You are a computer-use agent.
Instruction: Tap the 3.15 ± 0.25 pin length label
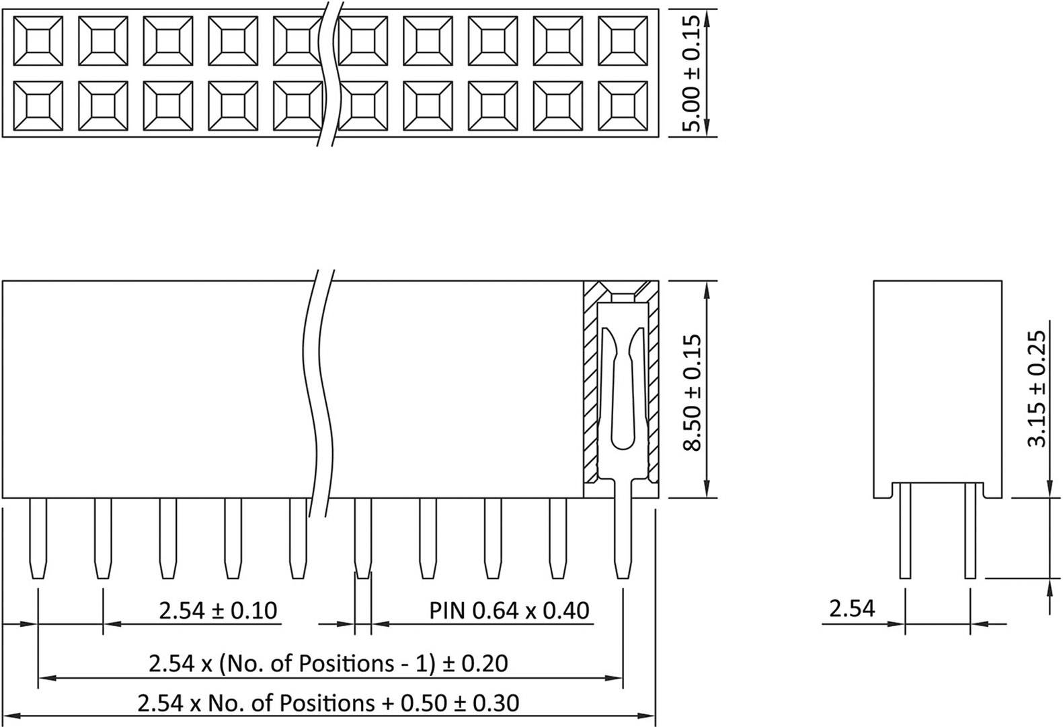1037,388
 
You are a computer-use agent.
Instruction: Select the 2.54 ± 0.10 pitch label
218,610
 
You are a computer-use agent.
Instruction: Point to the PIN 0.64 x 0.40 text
509,610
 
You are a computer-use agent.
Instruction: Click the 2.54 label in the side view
852,608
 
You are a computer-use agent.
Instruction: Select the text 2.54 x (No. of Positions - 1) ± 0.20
328,663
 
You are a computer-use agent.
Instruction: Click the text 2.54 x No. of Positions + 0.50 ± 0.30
328,703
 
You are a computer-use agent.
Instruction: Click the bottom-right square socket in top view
623,106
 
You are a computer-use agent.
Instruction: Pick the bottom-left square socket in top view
38,106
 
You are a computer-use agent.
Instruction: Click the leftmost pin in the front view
38,538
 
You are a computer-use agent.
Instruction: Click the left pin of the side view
905,531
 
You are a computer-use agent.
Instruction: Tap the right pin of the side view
970,531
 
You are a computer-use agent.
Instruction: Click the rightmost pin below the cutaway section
623,538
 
